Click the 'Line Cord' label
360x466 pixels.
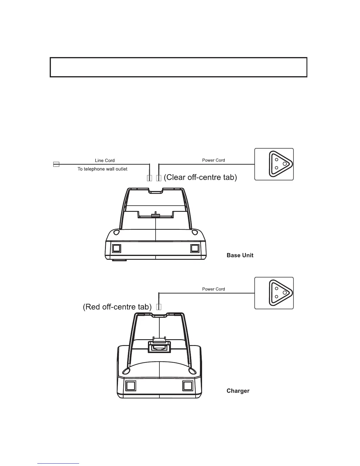coord(105,160)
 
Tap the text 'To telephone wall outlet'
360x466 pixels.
coord(102,169)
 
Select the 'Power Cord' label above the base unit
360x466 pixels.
coord(214,160)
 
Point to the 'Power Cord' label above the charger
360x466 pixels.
coord(214,289)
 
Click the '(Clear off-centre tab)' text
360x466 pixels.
coord(200,177)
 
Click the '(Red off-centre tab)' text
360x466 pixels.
coord(117,307)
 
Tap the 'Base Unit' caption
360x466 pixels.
coord(240,255)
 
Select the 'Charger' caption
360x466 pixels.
coord(238,391)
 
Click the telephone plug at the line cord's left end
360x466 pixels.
coord(56,164)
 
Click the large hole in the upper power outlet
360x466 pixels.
coord(285,164)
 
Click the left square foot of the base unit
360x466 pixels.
coord(116,249)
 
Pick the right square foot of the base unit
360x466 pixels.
coord(195,249)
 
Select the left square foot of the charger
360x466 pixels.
coord(131,386)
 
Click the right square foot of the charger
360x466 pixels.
coord(187,386)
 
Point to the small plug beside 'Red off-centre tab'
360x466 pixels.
coord(159,307)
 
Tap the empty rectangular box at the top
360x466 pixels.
coord(179,67)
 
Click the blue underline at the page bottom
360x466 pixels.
coord(58,463)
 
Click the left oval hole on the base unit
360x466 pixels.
coord(116,233)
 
